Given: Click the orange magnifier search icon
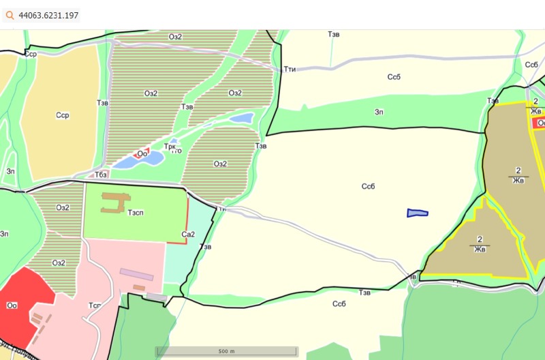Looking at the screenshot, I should coord(10,14).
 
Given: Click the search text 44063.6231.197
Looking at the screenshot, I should coord(48,14).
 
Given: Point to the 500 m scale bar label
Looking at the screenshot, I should coord(226,350).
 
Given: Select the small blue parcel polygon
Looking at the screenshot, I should coord(417,213).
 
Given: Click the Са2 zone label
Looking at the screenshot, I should coord(188,234).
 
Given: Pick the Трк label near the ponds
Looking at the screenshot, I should coord(170,146).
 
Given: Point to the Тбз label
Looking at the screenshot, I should coord(101,175).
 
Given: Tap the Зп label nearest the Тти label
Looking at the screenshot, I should coord(379,112).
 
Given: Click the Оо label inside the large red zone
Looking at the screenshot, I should coord(12,305).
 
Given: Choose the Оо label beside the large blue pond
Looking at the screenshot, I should coord(142,153).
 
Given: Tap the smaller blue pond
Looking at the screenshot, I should coord(241,119).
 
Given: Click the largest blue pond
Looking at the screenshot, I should coord(140,161).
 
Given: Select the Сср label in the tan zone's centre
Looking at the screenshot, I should coord(63,115).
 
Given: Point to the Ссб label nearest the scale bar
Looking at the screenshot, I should coord(339,303).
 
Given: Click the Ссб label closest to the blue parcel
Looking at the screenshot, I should coord(369,186).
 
